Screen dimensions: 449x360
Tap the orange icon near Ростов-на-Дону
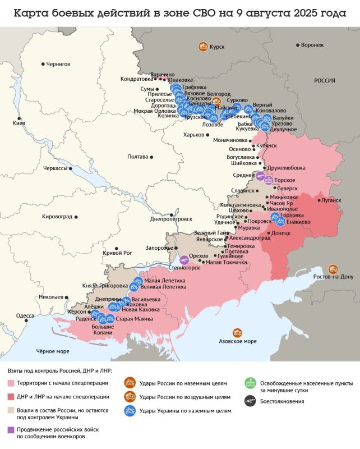(x=333, y=269)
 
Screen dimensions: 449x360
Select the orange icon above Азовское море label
(x=238, y=333)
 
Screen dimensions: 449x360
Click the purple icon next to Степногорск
(x=183, y=259)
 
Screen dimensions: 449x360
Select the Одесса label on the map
(x=25, y=315)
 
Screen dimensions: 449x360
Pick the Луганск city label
(x=331, y=200)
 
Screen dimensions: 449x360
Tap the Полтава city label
(x=138, y=157)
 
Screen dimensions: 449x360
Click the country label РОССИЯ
(x=324, y=81)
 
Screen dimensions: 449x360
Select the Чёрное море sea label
(x=52, y=351)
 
